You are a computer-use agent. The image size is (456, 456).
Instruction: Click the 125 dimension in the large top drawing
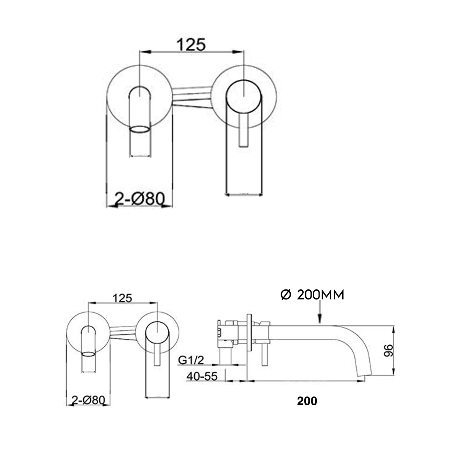tap(191, 45)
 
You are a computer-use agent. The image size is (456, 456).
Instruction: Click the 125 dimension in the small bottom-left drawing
tap(122, 298)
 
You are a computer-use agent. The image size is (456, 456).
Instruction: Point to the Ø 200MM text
tap(312, 295)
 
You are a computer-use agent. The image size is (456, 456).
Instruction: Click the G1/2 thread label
tap(191, 360)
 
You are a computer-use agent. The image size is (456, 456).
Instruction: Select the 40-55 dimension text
tap(202, 376)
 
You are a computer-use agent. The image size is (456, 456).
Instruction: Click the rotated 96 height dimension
tap(388, 351)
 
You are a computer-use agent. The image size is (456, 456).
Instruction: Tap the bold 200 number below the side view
tap(307, 401)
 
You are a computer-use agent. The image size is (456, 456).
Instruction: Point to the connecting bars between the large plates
tap(192, 97)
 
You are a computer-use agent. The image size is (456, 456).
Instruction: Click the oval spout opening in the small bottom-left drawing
tap(88, 354)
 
